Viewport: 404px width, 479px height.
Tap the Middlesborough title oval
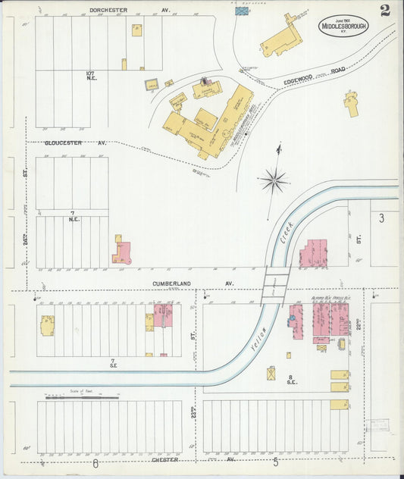tap(343, 25)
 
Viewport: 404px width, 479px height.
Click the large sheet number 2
tap(385, 11)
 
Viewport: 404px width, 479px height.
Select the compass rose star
tap(273, 180)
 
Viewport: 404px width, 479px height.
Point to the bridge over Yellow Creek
tap(275, 284)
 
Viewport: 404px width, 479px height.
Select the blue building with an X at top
tap(242, 11)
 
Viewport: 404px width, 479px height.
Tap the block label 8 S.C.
tap(289, 380)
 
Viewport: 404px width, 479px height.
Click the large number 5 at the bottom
tap(275, 462)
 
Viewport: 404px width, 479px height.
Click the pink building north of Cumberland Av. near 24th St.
tap(122, 252)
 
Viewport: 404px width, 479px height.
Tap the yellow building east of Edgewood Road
tap(351, 103)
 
